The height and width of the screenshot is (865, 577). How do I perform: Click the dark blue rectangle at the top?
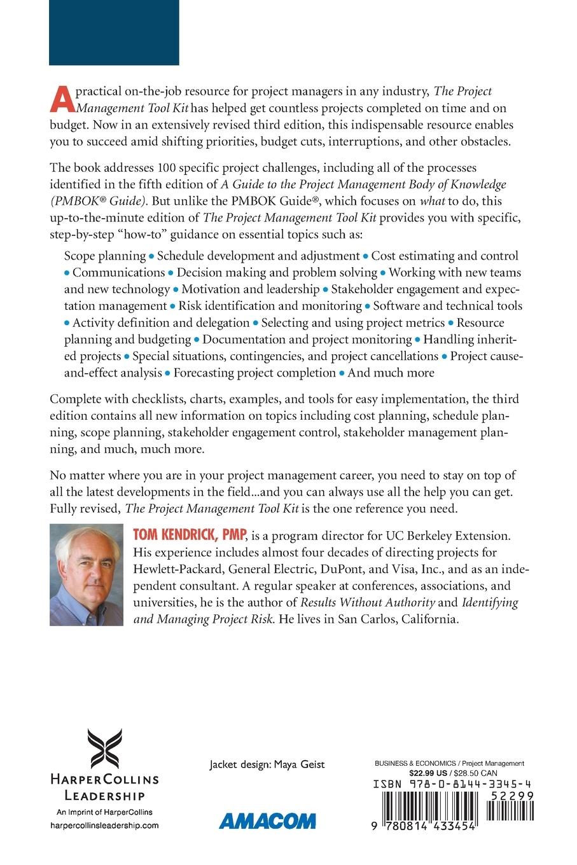pos(114,32)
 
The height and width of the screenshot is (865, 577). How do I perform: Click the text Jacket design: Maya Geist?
pos(267,765)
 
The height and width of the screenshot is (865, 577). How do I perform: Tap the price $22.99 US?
pos(429,773)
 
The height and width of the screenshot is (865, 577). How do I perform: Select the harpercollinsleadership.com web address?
pos(104,825)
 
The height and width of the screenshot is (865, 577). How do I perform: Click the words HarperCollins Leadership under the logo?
pos(104,787)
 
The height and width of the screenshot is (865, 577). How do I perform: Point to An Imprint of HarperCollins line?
pos(104,812)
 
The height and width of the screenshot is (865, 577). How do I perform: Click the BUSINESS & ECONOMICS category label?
pos(415,764)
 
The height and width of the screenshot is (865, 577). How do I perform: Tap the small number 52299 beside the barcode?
pos(511,796)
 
